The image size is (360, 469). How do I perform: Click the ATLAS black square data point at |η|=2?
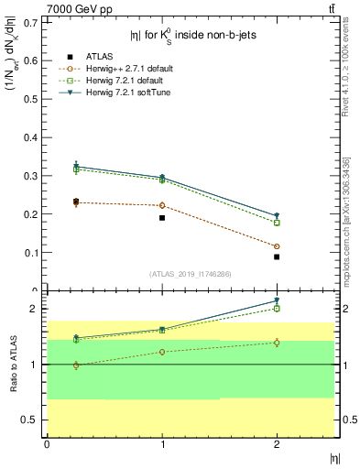[277, 257]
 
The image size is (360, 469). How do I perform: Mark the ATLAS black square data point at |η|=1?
[162, 218]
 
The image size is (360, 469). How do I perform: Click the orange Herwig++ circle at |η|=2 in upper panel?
[277, 246]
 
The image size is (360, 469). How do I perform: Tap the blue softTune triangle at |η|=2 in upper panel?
[277, 216]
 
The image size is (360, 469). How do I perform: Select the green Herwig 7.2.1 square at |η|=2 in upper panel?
[277, 223]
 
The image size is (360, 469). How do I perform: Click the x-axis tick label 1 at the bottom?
[162, 444]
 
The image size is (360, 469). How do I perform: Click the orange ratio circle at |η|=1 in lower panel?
[162, 352]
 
